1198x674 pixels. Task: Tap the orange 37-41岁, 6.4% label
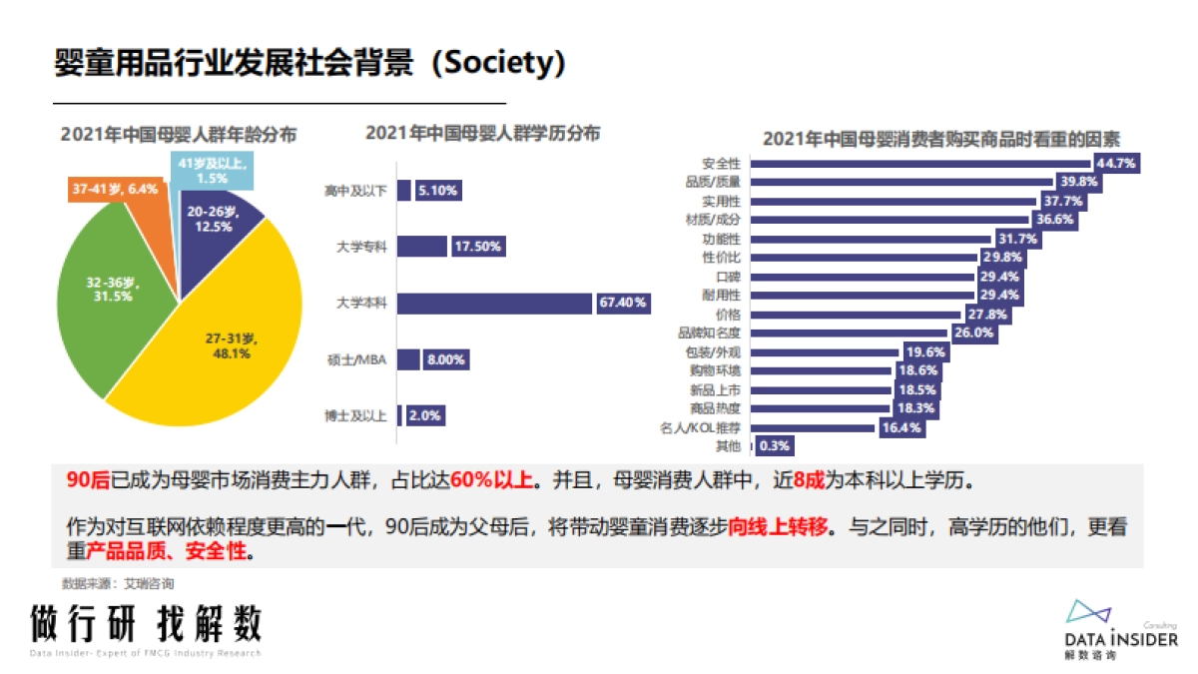coord(115,188)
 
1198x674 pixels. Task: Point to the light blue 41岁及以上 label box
coord(212,170)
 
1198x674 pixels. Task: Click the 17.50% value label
coord(478,246)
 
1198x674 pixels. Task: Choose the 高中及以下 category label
coord(354,190)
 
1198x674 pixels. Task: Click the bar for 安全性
coord(919,163)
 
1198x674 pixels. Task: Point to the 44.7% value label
coord(1116,163)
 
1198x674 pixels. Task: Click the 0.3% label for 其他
coord(775,446)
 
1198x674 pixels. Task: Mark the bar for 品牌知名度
coord(849,333)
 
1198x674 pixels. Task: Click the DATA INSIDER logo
coord(1119,629)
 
